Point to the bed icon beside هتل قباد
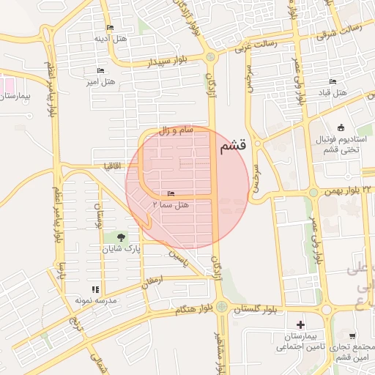tap(333, 82)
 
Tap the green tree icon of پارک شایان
tap(118, 238)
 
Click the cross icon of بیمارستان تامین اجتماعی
tap(300, 324)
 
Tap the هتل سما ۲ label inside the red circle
tap(171, 204)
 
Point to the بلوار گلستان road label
tap(256, 311)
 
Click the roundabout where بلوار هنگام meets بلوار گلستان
tap(221, 307)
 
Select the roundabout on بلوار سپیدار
tap(211, 56)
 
